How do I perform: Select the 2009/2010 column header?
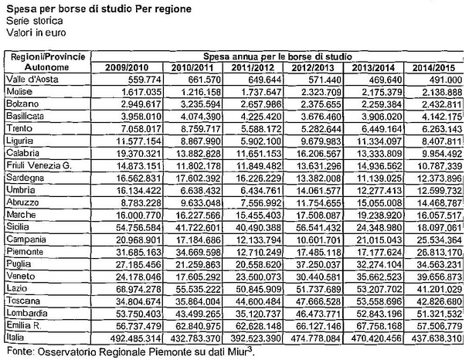[x=124, y=67]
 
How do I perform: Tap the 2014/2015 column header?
[x=436, y=67]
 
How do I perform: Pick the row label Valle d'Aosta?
[x=30, y=79]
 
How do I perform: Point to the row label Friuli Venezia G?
[x=39, y=165]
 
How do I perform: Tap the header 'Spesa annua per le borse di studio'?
[x=283, y=56]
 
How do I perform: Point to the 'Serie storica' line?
[x=28, y=21]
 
